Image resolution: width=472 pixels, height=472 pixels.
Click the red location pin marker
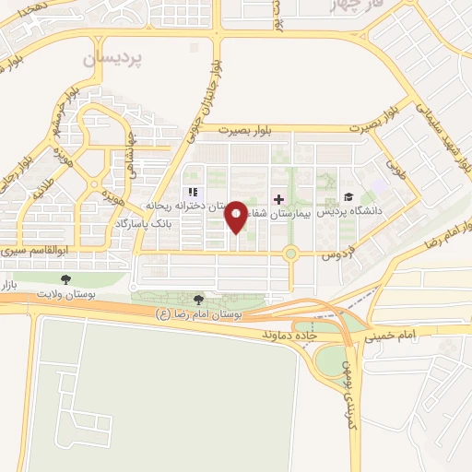point(237,216)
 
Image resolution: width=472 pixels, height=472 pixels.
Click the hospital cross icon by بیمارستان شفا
point(278,199)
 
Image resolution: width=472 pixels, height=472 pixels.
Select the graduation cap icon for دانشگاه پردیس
point(348,196)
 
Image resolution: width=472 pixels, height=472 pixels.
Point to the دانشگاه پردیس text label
point(355,211)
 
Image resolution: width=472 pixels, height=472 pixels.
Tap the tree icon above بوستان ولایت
point(65,278)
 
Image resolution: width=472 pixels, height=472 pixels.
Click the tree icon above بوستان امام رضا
point(199,299)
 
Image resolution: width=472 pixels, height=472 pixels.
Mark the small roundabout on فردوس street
point(290,252)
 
